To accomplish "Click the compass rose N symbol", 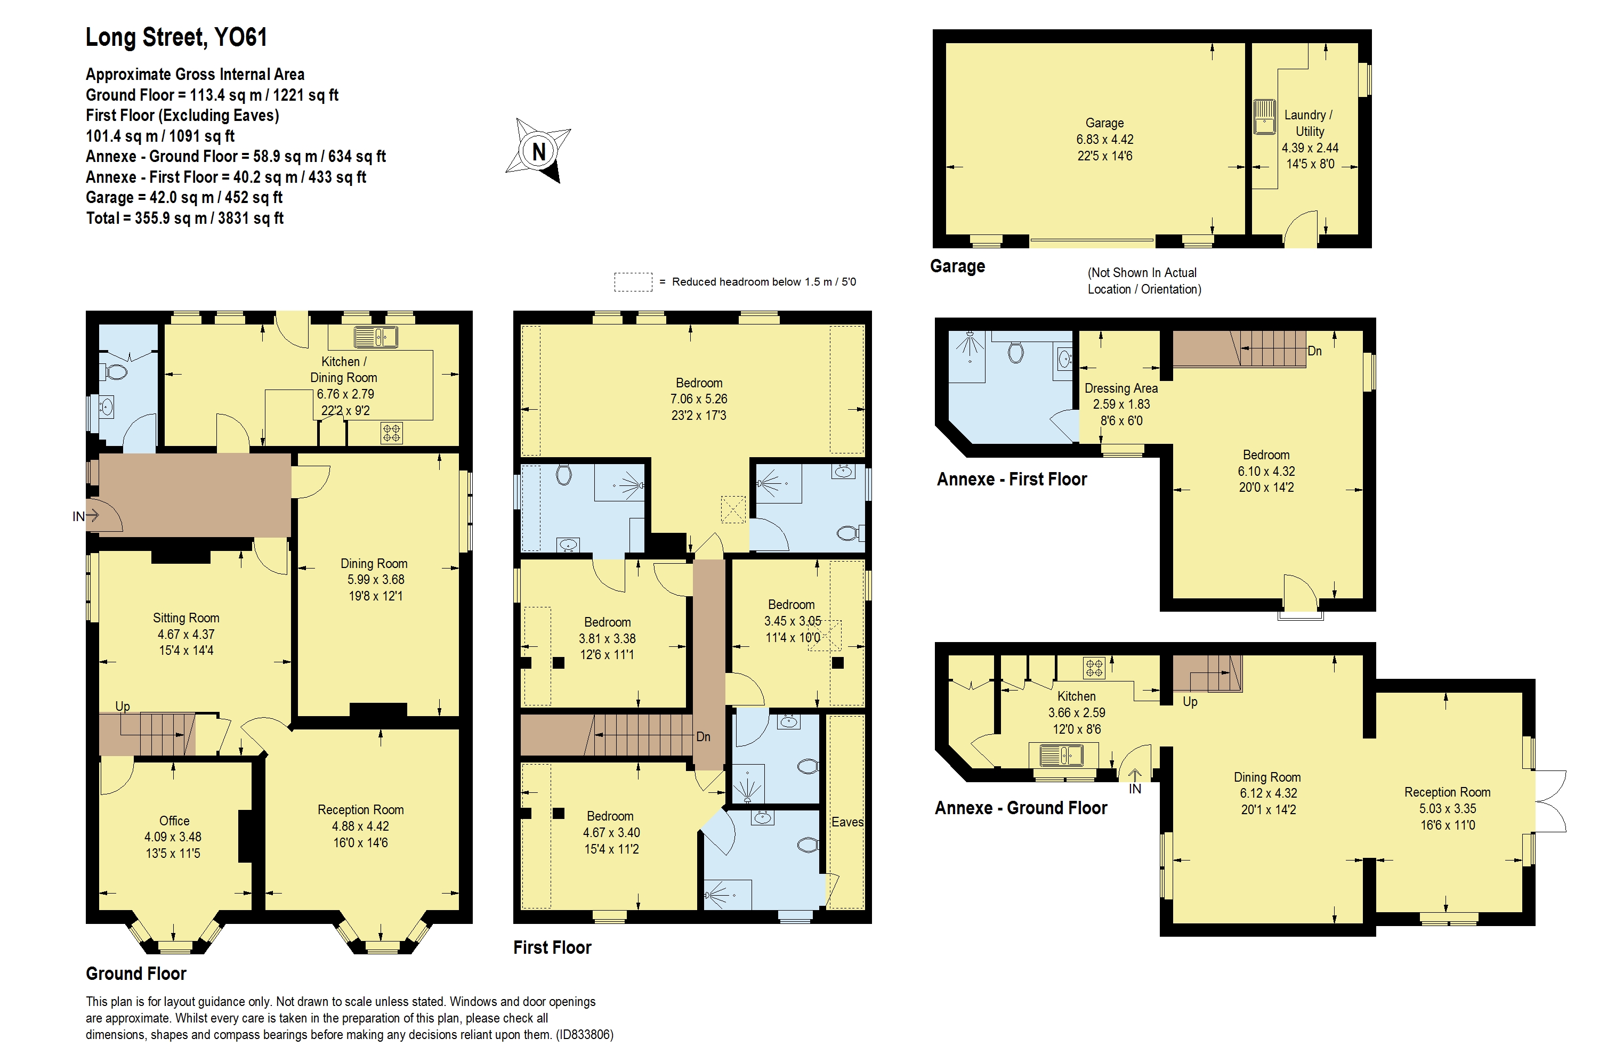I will (538, 151).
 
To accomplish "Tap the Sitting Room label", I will (186, 618).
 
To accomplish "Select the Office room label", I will (174, 821).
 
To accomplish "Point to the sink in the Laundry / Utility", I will (1264, 117).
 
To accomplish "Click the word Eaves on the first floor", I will (847, 822).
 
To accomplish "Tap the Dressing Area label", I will (1121, 388).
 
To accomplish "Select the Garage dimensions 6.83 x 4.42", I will (1105, 139).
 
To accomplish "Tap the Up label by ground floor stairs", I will (123, 705).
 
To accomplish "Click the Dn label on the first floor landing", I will (703, 736).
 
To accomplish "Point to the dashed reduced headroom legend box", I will (633, 282).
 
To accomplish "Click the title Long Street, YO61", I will (176, 37).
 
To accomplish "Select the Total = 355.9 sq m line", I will (184, 218).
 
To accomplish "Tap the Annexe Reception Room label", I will (1447, 792).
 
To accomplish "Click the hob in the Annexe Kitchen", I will (1094, 668).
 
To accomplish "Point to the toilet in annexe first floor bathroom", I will (1015, 351).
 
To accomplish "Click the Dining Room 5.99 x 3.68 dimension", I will (375, 580).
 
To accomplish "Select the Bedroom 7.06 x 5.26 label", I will (698, 383).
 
